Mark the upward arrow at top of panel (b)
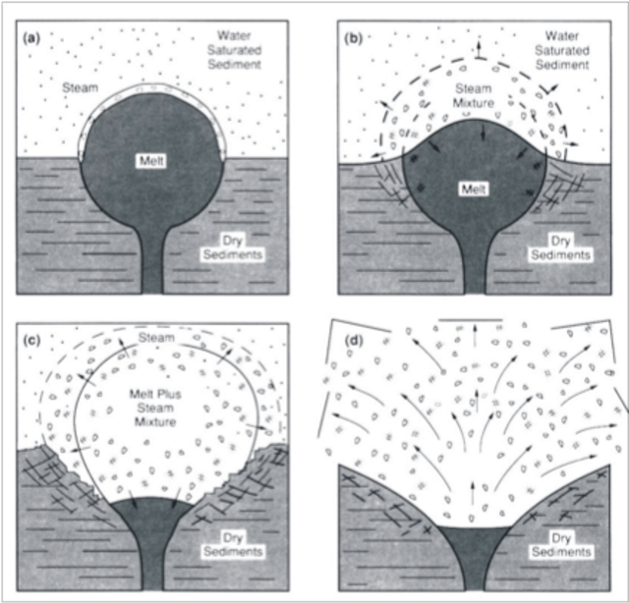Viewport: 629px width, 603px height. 481,48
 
